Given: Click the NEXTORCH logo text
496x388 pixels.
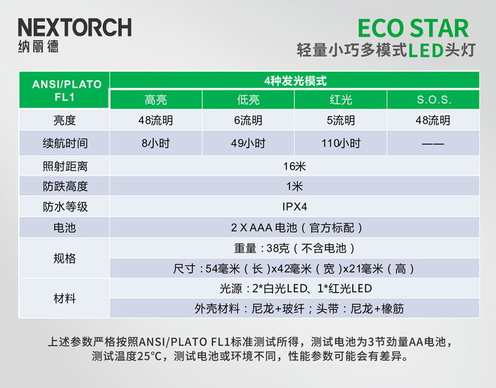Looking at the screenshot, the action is [75, 27].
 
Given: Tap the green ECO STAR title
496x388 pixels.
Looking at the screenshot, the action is [413, 28].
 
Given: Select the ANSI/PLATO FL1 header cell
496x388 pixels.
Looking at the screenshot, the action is [65, 90].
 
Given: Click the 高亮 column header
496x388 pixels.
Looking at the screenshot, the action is [156, 100].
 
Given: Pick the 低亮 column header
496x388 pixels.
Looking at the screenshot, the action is [249, 100].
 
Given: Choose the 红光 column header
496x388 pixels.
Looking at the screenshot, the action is [341, 100].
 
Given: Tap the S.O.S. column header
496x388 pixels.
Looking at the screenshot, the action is [434, 100].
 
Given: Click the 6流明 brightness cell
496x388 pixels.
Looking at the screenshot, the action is [249, 120].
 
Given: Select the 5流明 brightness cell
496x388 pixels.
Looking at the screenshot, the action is [341, 120].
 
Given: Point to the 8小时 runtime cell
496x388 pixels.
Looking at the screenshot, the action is [156, 143].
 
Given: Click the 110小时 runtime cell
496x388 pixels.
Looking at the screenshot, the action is [341, 143].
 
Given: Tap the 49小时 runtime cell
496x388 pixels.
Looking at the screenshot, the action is [249, 143].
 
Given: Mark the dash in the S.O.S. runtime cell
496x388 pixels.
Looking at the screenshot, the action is [433, 144].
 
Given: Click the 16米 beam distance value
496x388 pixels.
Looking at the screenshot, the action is [294, 166].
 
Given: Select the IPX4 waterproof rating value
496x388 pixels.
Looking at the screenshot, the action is [294, 207].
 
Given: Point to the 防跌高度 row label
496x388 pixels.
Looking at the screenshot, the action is [65, 186].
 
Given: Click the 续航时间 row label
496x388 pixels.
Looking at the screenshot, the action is [65, 143].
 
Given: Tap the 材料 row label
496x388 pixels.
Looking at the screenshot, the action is [65, 298].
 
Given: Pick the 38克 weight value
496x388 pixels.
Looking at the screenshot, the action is [278, 248].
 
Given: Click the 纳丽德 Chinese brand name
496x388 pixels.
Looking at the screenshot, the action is [38, 46].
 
